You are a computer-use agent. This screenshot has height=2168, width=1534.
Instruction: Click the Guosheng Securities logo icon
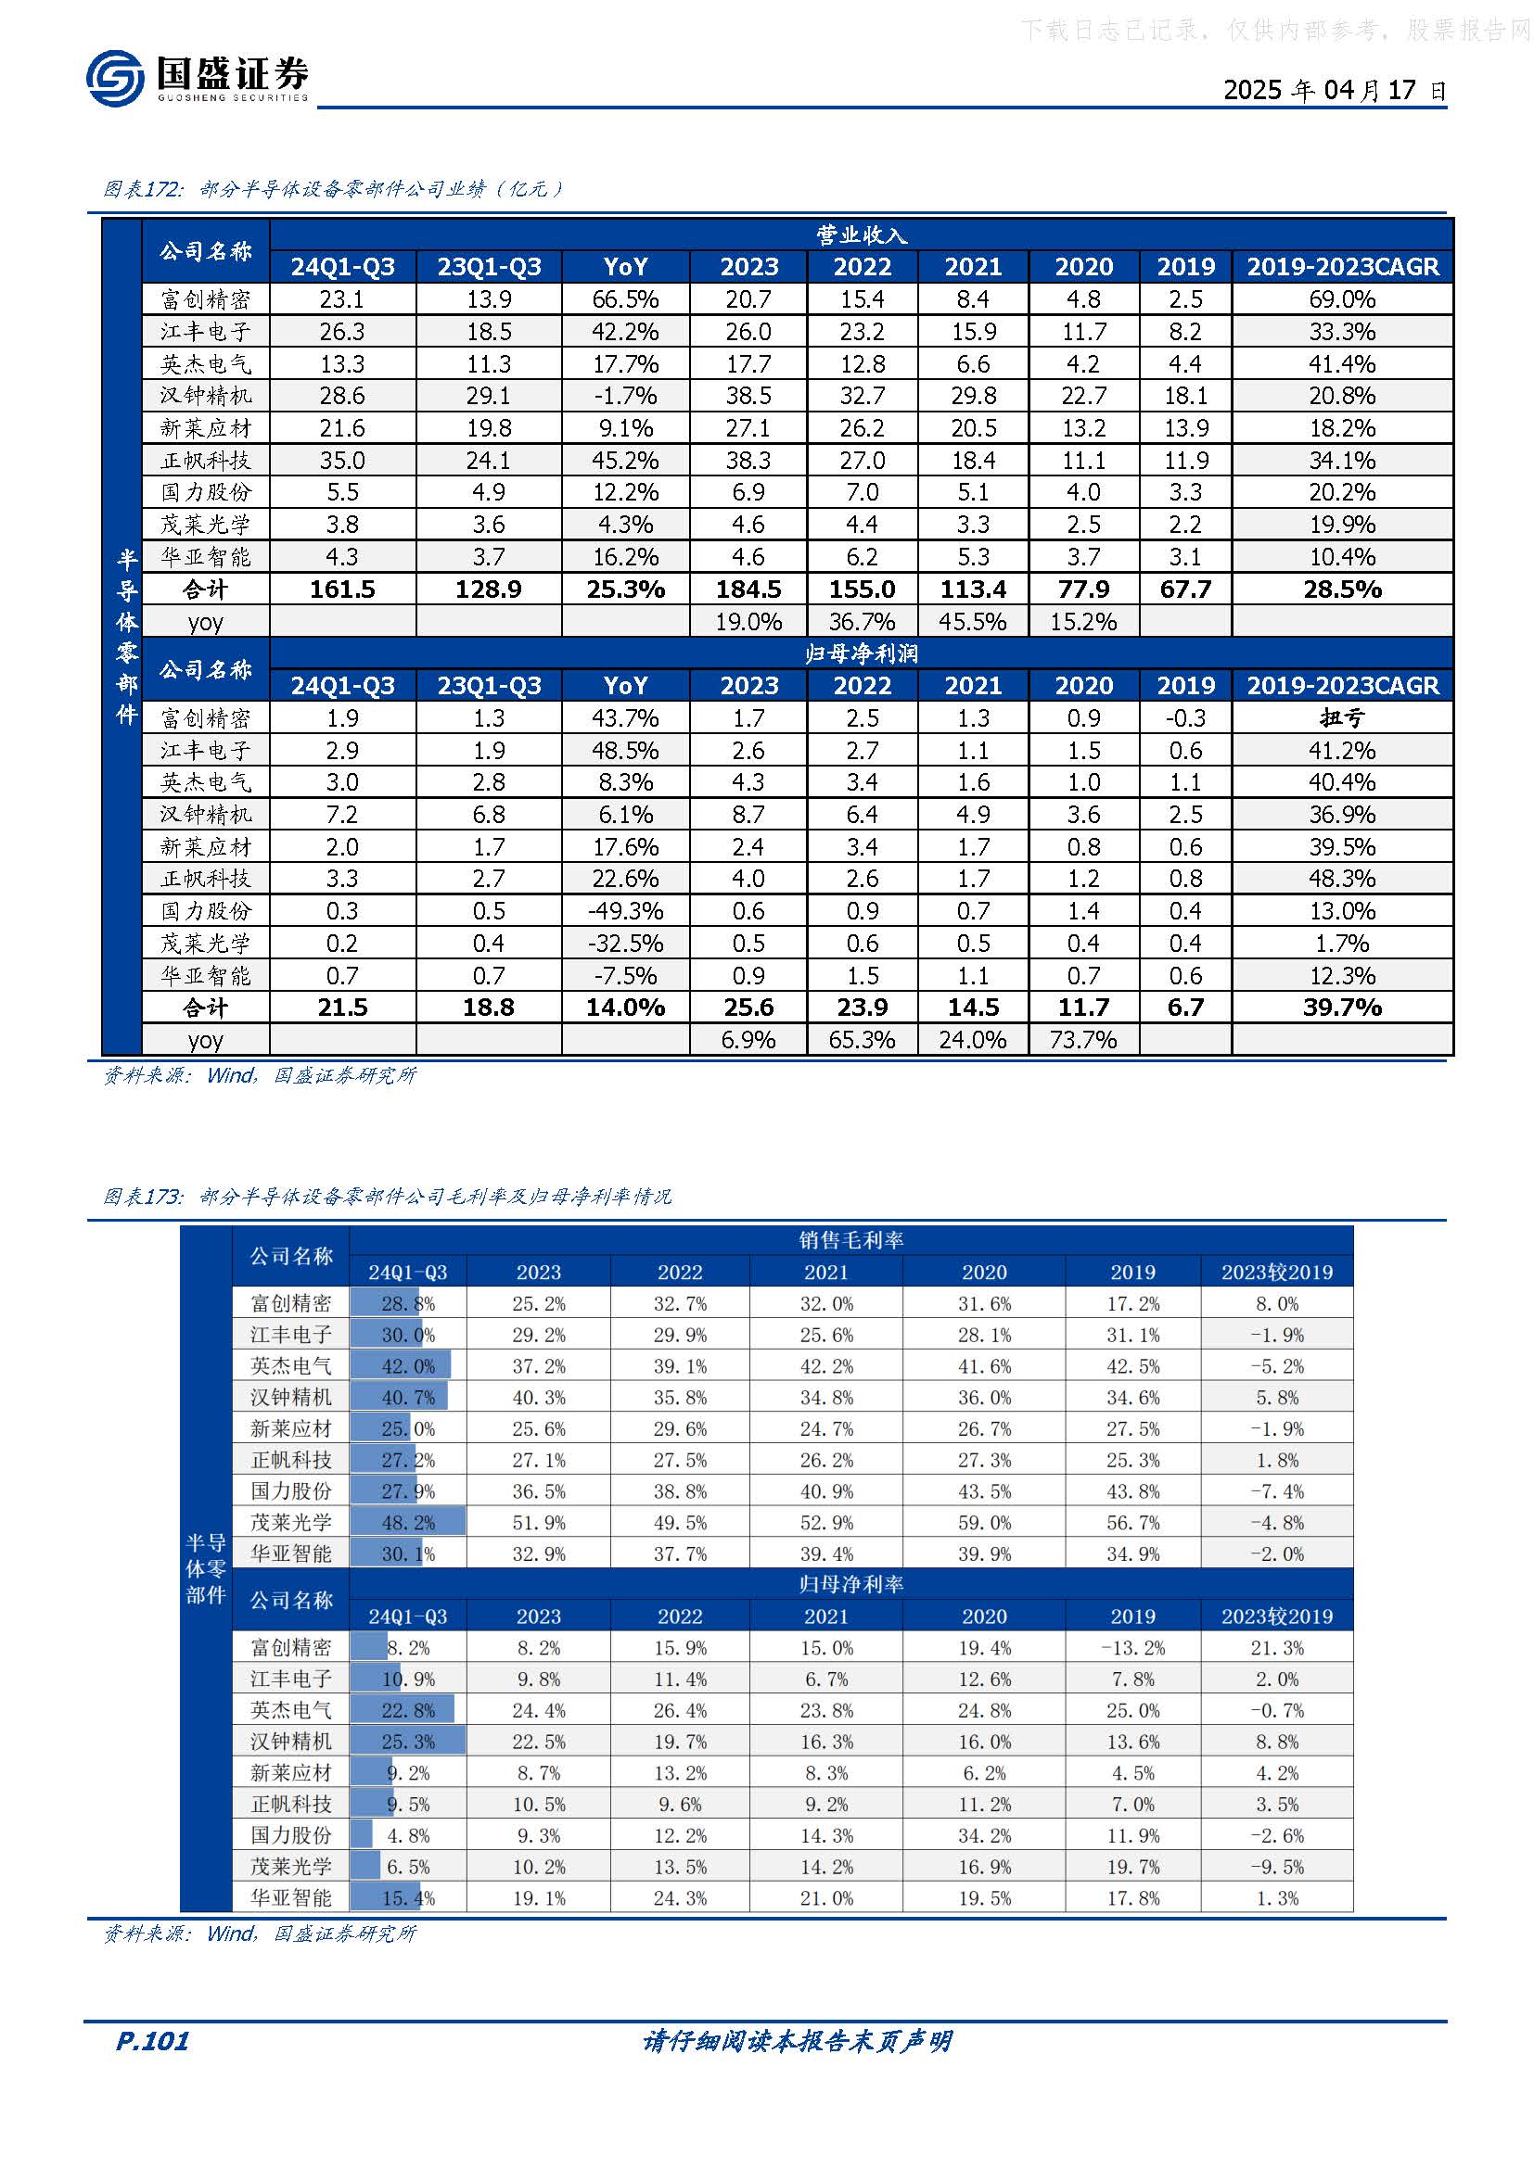point(114,77)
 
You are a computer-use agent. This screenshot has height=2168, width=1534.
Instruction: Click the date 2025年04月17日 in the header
point(1334,90)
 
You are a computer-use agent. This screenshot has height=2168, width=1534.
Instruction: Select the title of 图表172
point(333,189)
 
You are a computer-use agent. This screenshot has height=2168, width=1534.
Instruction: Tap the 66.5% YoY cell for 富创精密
point(625,299)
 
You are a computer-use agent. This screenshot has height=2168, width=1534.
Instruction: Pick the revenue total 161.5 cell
point(342,590)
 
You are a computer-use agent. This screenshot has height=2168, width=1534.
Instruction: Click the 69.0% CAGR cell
point(1341,299)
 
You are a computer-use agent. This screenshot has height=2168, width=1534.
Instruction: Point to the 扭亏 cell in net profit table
point(1341,717)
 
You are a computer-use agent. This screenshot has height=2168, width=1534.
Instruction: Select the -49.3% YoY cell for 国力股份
point(625,910)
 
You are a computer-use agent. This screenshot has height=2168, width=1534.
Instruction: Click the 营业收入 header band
point(861,235)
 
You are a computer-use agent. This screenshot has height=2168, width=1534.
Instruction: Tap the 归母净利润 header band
point(861,653)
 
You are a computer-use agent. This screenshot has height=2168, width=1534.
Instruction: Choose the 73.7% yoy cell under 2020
point(1082,1040)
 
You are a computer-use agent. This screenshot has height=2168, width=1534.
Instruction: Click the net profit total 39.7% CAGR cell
point(1341,1008)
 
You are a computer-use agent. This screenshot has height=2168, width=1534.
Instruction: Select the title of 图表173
point(388,1197)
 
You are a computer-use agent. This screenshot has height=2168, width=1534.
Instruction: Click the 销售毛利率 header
point(850,1240)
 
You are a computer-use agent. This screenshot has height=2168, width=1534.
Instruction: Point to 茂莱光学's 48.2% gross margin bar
point(408,1522)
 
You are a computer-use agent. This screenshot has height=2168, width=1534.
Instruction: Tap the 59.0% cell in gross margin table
point(983,1522)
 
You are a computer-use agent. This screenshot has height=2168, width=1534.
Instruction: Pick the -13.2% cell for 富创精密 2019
point(1131,1648)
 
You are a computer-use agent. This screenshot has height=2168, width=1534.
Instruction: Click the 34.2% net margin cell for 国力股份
point(983,1835)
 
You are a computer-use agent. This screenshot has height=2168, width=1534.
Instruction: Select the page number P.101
point(152,2041)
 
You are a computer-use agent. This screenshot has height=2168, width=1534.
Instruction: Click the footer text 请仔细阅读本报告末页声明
point(797,2041)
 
